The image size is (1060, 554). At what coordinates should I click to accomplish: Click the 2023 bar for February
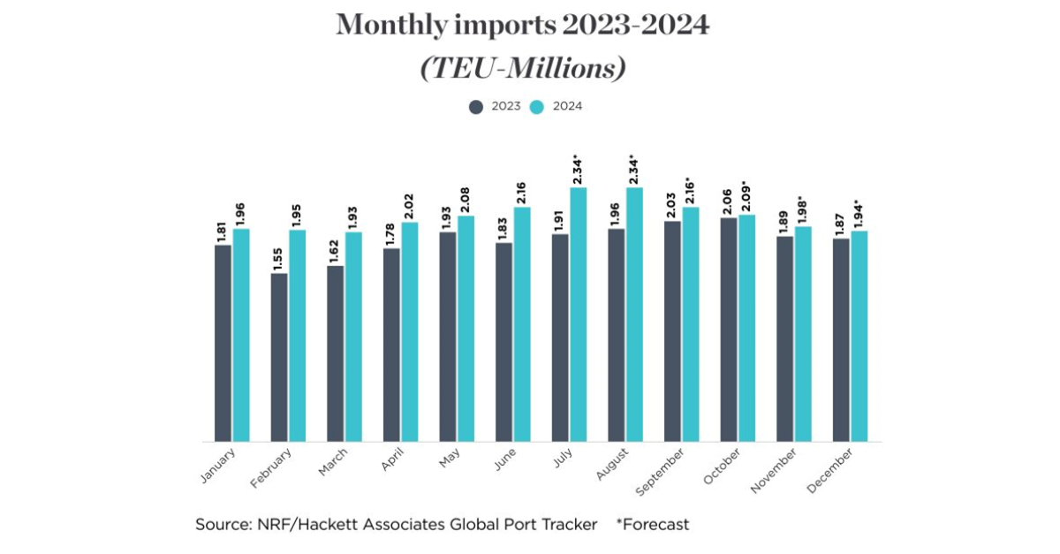[x=279, y=357]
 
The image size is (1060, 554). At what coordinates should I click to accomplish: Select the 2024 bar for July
[x=579, y=315]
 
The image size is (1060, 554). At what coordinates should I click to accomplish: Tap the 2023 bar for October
[x=729, y=329]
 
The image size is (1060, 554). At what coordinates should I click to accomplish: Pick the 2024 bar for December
[x=859, y=336]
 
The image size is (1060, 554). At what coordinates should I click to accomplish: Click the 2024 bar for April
[x=410, y=331]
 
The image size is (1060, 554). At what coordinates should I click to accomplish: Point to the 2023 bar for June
[x=503, y=342]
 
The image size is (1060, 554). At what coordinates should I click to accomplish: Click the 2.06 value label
[x=729, y=201]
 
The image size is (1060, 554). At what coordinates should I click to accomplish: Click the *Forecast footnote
[x=654, y=525]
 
